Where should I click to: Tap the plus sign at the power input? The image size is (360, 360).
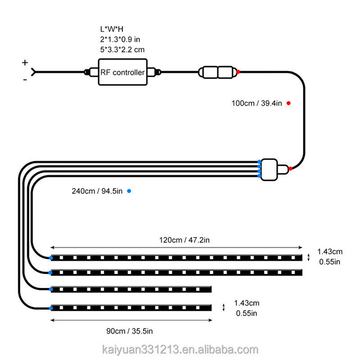point(25,62)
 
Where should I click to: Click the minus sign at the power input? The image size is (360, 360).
point(24,80)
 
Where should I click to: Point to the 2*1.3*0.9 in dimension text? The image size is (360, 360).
point(118,39)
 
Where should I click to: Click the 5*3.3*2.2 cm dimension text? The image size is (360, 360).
point(119,49)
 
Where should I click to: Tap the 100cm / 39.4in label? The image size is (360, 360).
point(257,103)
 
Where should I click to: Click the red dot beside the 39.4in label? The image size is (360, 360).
point(288,103)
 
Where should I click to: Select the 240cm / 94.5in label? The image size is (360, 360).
point(97,191)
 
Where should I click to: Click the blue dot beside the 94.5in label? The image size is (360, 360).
point(129,191)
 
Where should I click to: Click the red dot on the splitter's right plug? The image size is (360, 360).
point(291,168)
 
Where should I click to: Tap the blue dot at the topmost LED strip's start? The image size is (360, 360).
point(51,258)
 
